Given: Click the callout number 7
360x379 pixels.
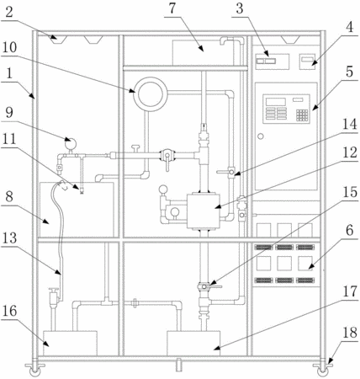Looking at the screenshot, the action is tap(172, 8).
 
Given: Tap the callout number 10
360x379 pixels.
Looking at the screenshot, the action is tap(10, 47).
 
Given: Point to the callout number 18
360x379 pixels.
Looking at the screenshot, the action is tap(350, 333).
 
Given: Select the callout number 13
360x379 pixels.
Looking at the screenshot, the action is tap(9, 238).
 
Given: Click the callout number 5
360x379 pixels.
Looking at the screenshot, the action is tap(349, 72).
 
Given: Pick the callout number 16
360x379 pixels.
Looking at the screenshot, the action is tap(10, 311).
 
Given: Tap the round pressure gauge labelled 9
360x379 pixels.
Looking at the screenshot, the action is tap(70, 144).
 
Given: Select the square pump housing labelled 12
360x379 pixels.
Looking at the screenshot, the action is tap(204, 211).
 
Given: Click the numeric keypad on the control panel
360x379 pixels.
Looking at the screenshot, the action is tap(302, 115).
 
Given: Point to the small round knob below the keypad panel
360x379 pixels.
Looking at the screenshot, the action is tap(261, 136).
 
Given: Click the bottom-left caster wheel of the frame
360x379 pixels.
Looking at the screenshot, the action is tap(34, 371).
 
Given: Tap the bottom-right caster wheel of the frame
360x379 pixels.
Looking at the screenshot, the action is tap(322, 371).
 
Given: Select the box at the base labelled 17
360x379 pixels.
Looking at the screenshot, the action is tap(193, 343).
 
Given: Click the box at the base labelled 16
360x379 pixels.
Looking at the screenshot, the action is tap(70, 343).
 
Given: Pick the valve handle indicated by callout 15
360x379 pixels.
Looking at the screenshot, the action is tap(215, 286).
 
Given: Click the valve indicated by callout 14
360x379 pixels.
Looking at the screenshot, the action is tap(231, 172).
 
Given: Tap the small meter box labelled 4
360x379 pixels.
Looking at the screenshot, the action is tap(307, 61).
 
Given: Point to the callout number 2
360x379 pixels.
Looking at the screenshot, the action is tap(9, 13).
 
